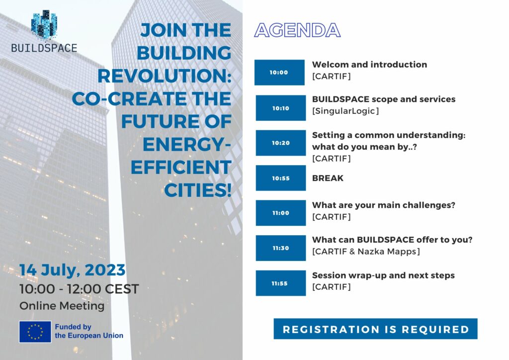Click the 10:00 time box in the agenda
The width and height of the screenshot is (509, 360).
click(x=279, y=73)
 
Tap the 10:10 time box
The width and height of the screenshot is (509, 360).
click(x=280, y=108)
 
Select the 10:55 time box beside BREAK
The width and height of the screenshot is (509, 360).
click(x=280, y=178)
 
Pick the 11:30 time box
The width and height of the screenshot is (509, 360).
click(x=280, y=248)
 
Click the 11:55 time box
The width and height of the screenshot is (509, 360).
click(x=280, y=283)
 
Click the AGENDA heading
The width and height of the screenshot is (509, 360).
click(x=297, y=30)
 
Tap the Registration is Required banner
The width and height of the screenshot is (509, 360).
click(x=376, y=329)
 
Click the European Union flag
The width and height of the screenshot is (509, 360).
click(x=35, y=332)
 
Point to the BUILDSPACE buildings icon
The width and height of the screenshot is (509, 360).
click(x=44, y=25)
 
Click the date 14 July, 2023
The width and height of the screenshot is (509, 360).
click(x=73, y=270)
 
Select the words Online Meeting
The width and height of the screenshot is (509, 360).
click(x=62, y=306)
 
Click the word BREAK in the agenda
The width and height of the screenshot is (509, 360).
click(x=328, y=178)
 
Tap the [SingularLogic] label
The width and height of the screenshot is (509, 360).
click(x=345, y=111)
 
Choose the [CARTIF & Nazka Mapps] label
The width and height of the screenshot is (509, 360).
click(x=366, y=252)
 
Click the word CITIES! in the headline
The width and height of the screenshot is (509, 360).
click(x=198, y=190)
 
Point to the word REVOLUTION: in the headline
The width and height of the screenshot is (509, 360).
click(x=164, y=76)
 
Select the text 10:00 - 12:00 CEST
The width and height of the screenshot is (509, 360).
click(x=79, y=289)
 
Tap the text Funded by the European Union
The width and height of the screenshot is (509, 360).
click(x=89, y=331)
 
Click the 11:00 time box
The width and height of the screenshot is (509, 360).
click(x=280, y=213)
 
